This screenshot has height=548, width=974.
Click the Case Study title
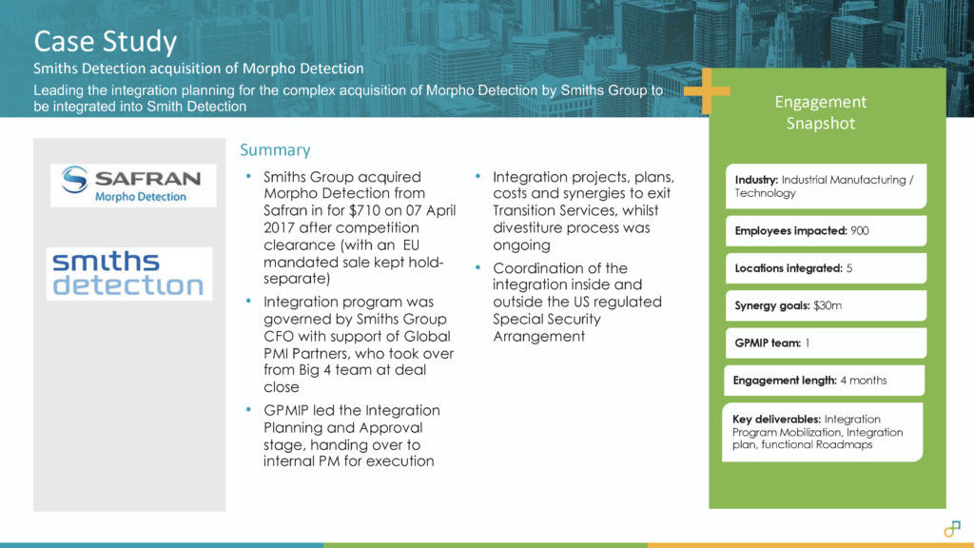pyautogui.click(x=106, y=42)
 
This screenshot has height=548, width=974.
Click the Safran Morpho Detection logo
pyautogui.click(x=131, y=185)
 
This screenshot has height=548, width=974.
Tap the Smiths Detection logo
pyautogui.click(x=129, y=273)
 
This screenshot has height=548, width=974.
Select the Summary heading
pyautogui.click(x=275, y=150)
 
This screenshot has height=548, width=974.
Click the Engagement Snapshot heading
pyautogui.click(x=820, y=112)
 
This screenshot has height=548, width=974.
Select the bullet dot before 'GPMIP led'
pyautogui.click(x=249, y=411)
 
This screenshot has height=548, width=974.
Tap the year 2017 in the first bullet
pyautogui.click(x=282, y=227)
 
